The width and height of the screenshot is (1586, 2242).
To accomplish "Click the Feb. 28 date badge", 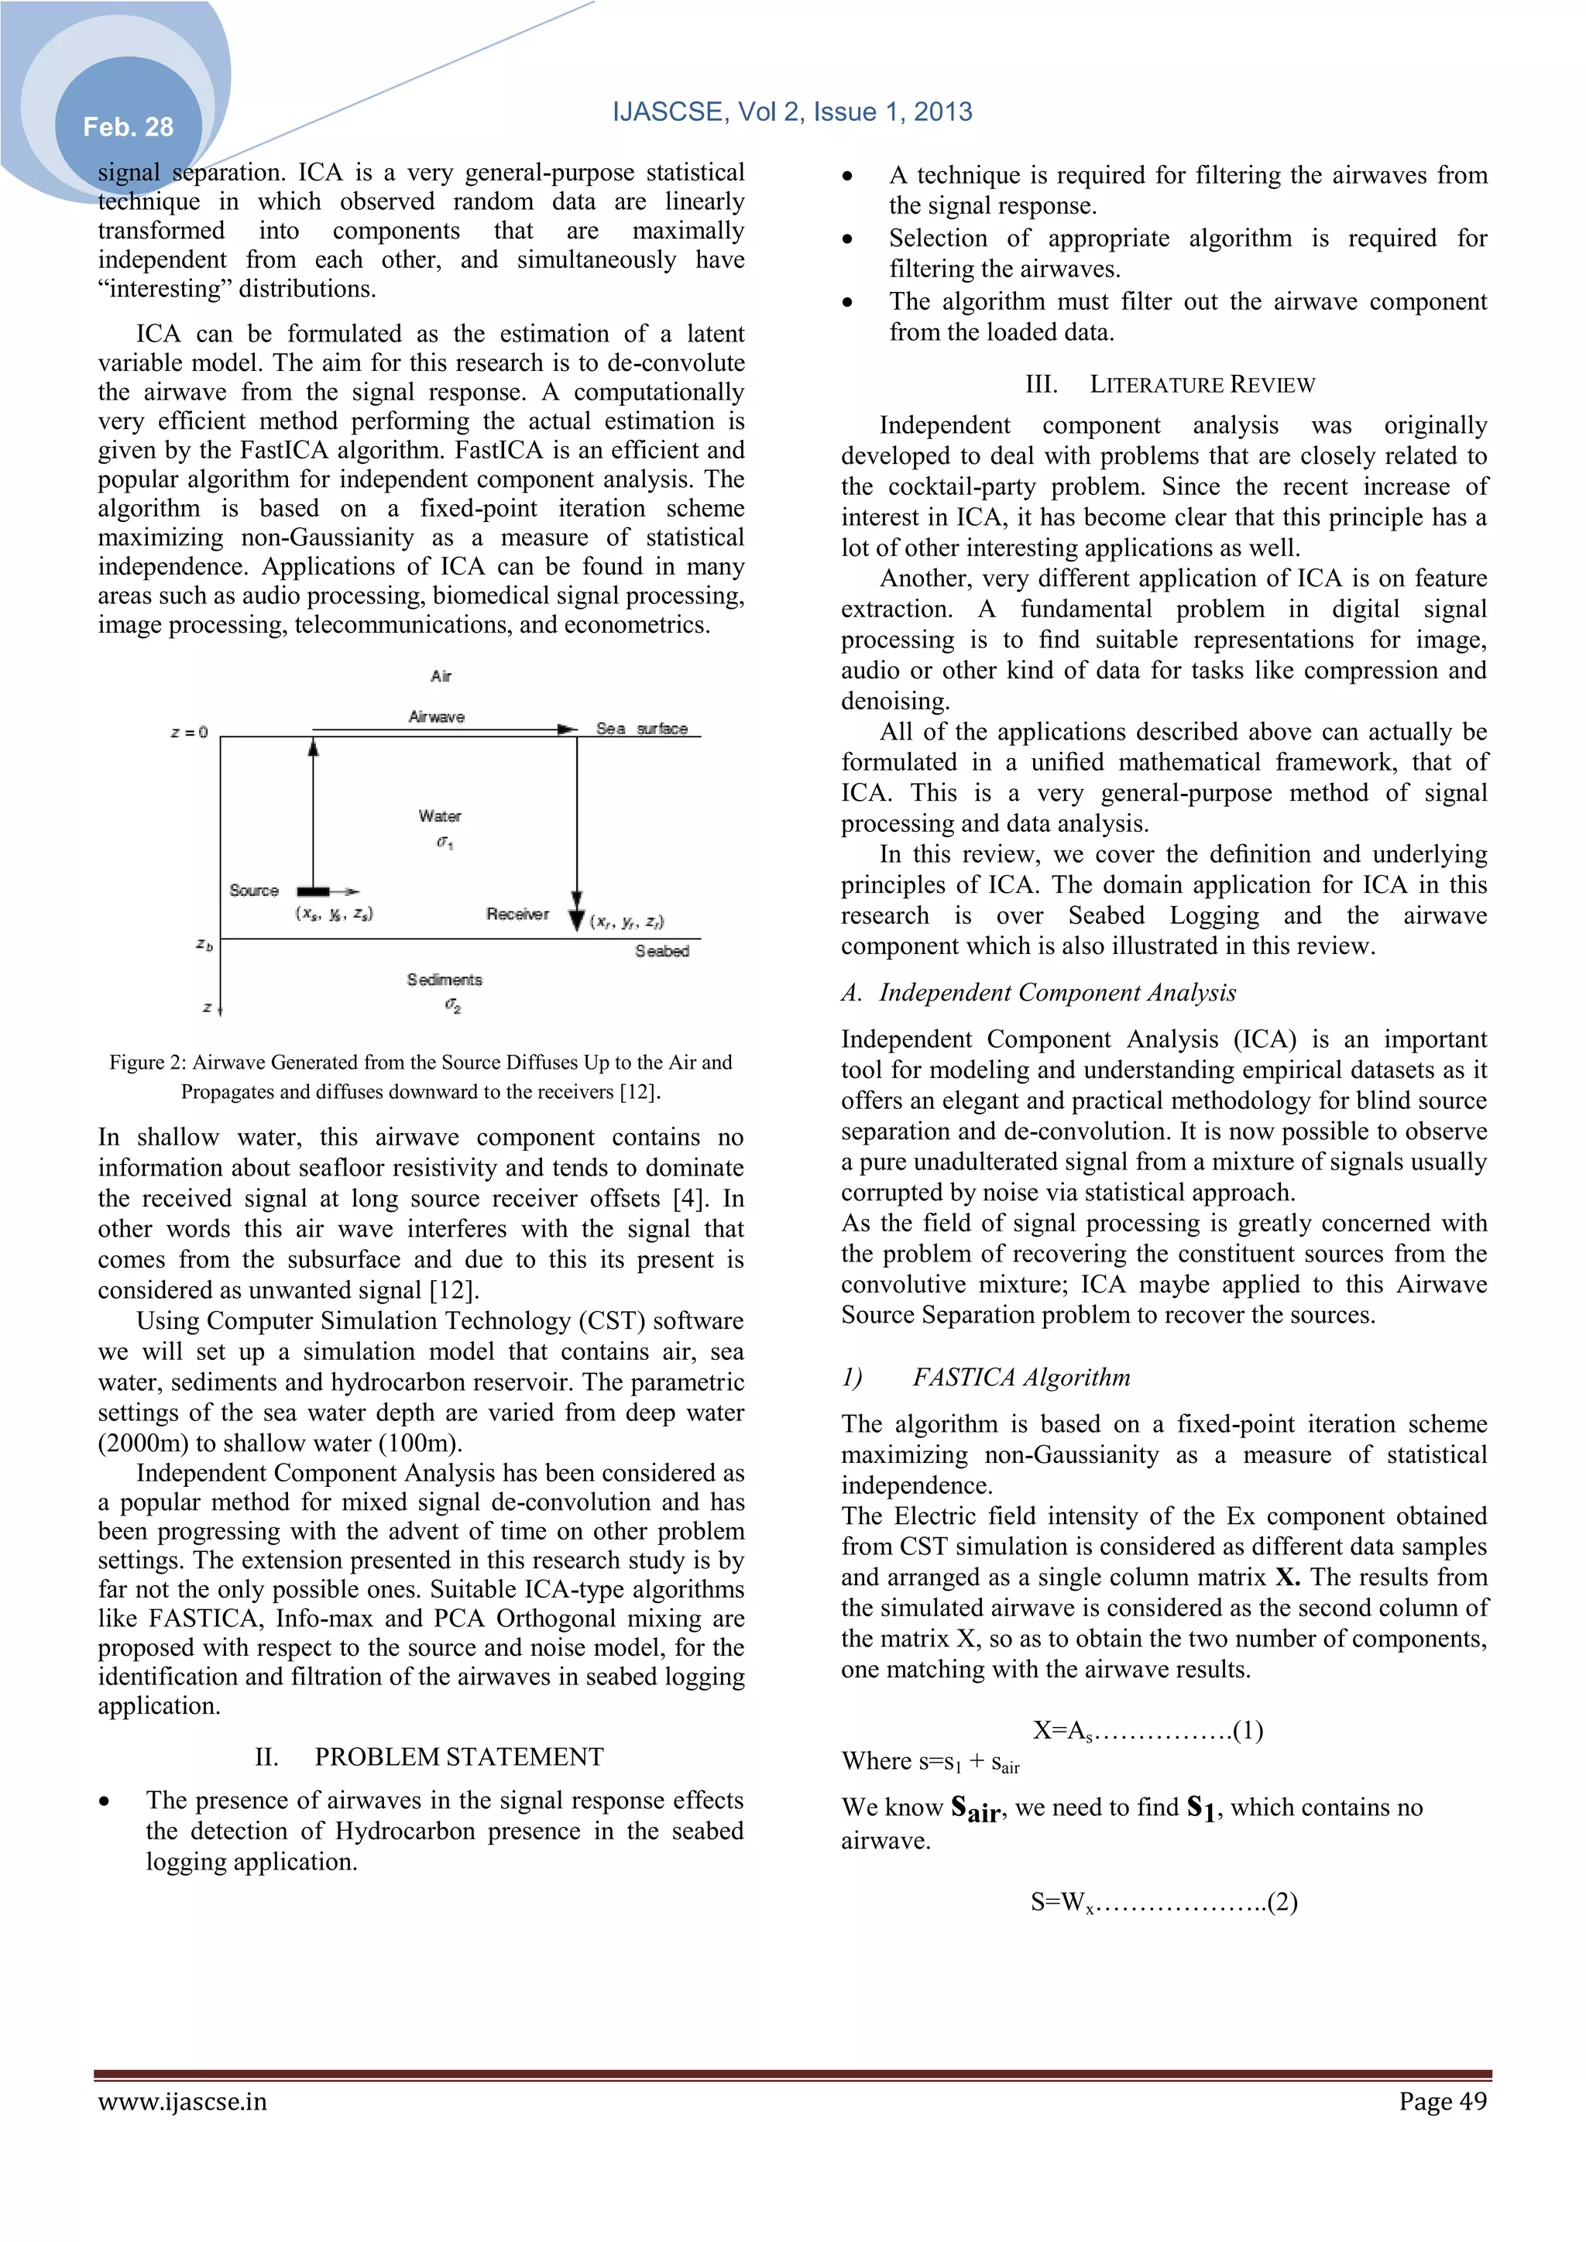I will [128, 127].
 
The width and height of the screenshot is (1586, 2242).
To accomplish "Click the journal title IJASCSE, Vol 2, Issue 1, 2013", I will [792, 112].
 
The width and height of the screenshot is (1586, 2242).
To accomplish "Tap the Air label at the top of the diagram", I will [441, 676].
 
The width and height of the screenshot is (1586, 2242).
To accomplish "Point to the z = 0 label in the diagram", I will [190, 733].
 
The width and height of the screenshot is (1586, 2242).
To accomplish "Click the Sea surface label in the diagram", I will [642, 729].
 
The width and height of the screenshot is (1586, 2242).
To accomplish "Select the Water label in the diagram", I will [439, 815].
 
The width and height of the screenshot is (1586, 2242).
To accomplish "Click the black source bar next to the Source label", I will [313, 891].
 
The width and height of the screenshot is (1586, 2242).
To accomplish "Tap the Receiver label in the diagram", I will [517, 914].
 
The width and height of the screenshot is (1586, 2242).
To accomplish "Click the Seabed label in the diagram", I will [662, 951].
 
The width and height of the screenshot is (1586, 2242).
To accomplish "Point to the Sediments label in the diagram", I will [445, 980].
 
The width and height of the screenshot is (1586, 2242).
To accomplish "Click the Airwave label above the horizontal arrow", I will [437, 716].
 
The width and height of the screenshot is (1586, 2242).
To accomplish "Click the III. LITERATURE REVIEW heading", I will [1170, 384].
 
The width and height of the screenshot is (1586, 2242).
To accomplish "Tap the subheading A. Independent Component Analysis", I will [1038, 992].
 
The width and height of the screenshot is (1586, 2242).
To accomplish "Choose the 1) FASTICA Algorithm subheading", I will [987, 1377].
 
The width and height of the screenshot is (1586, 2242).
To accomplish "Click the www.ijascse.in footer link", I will [182, 2100].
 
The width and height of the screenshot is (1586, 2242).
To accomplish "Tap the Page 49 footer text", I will [1443, 2100].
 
